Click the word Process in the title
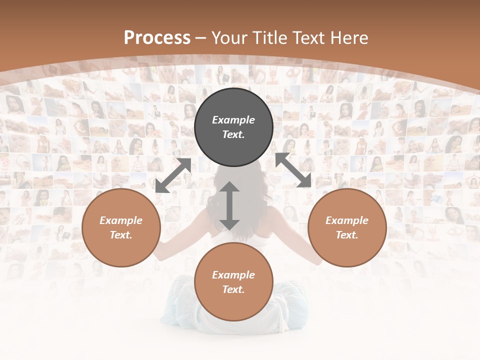pos(157,38)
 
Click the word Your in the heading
pos(229,38)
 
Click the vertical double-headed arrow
pos(229,205)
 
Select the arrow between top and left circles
pos(173,175)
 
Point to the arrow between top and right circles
pos(293,170)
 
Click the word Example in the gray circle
pos(233,120)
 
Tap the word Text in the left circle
pos(121,235)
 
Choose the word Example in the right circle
pos(347,220)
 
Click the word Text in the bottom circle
pos(233,289)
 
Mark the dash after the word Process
pos(200,38)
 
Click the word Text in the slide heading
pos(306,38)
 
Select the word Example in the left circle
pos(121,220)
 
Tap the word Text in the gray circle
pos(233,134)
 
